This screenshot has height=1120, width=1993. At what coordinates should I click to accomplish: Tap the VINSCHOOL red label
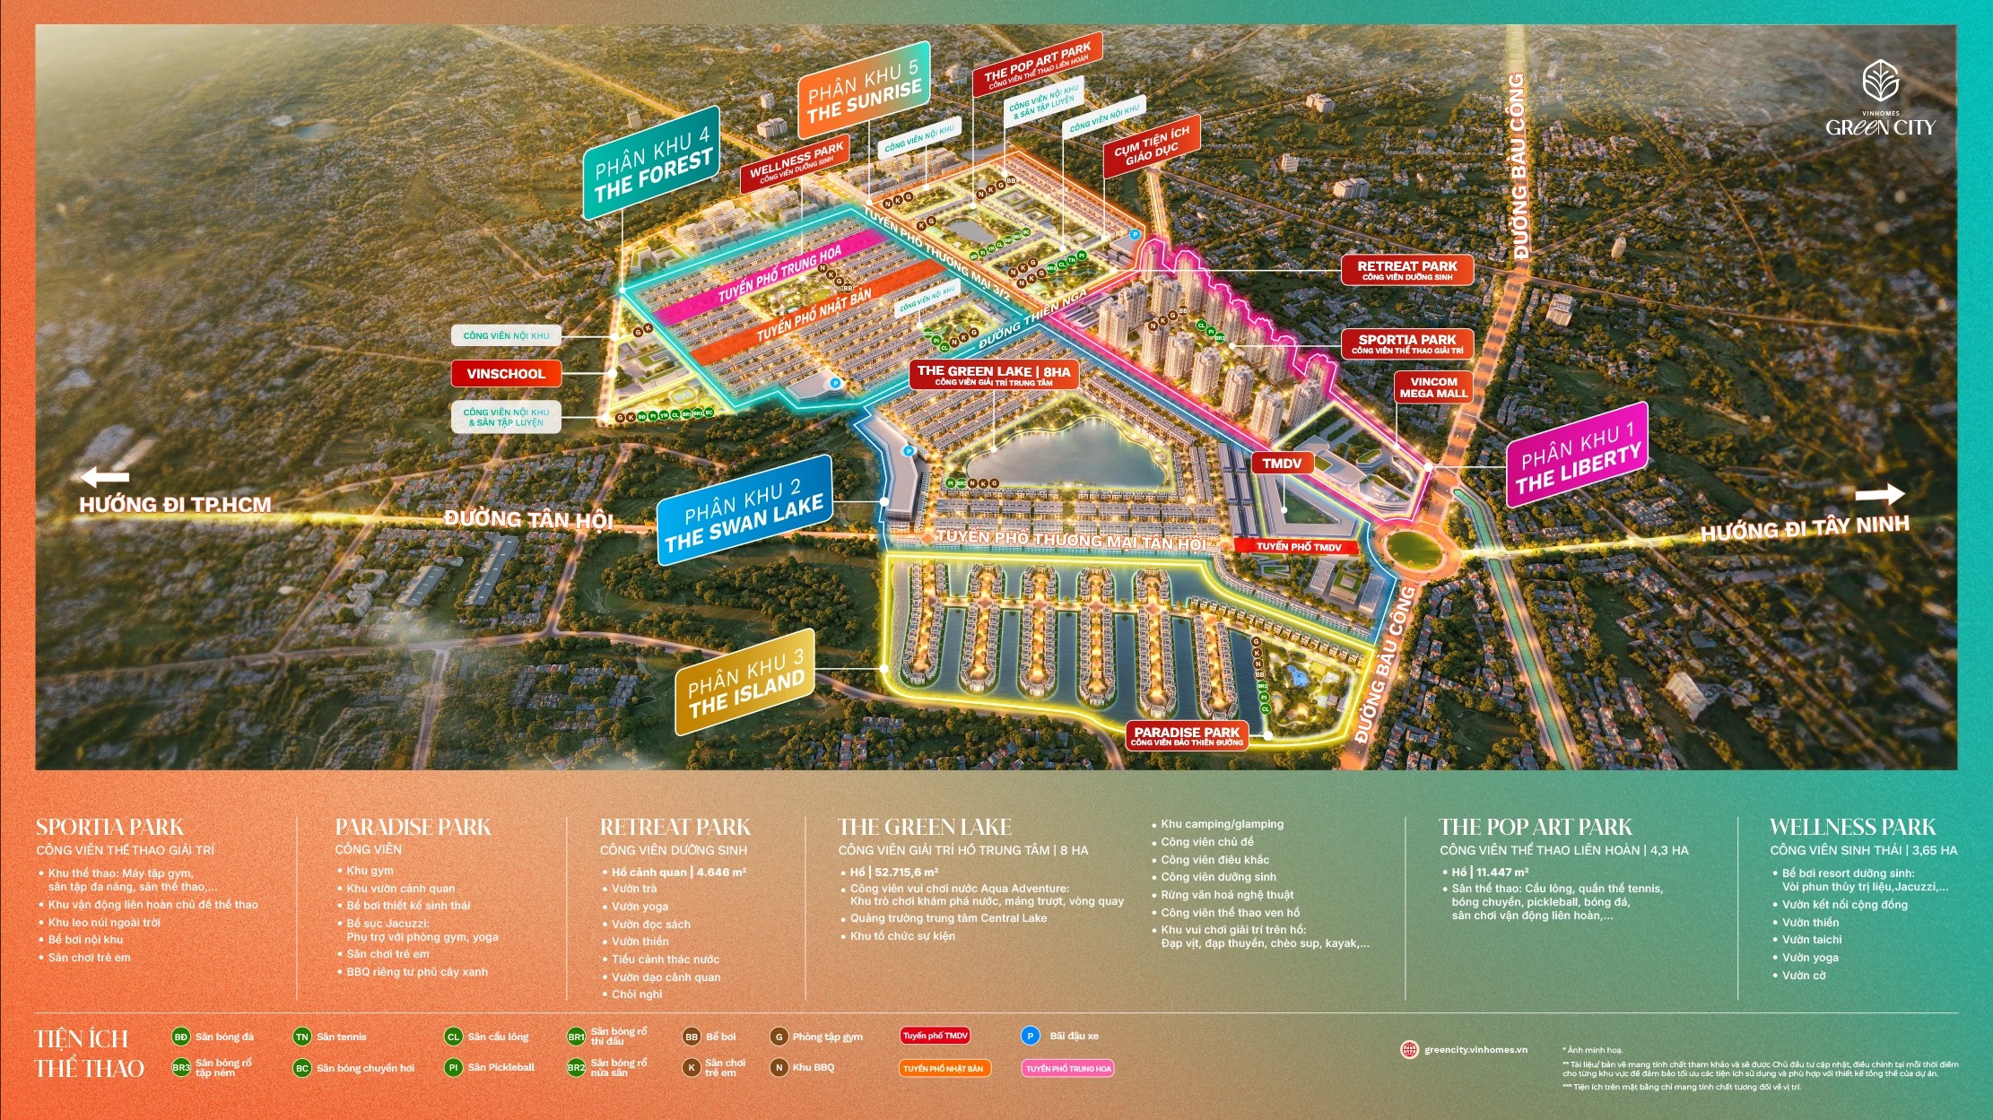pyautogui.click(x=506, y=374)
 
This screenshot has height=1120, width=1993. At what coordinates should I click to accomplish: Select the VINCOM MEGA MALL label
pyautogui.click(x=1433, y=387)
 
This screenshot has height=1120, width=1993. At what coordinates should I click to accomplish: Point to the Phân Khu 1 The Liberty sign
pyautogui.click(x=1577, y=460)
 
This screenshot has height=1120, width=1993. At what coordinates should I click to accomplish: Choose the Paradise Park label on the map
pyautogui.click(x=1187, y=736)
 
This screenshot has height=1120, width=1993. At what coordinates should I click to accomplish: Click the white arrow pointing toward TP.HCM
pyautogui.click(x=105, y=477)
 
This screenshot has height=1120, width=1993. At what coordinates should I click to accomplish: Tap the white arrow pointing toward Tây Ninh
pyautogui.click(x=1880, y=494)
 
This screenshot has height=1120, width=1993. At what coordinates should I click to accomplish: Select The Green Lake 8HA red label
pyautogui.click(x=993, y=375)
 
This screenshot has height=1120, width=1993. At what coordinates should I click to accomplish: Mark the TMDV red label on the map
pyautogui.click(x=1282, y=464)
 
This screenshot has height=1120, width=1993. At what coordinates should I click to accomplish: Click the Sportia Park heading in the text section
pyautogui.click(x=109, y=828)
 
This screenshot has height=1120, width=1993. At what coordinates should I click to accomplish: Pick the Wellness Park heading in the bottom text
pyautogui.click(x=1852, y=828)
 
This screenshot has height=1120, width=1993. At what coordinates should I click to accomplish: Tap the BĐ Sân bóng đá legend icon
pyautogui.click(x=181, y=1037)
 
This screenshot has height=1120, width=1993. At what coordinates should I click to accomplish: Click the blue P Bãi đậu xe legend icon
pyautogui.click(x=1030, y=1036)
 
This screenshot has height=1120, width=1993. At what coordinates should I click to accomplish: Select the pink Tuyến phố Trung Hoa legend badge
pyautogui.click(x=1068, y=1068)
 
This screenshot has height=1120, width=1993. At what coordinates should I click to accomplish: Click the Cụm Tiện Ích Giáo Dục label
pyautogui.click(x=1151, y=145)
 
